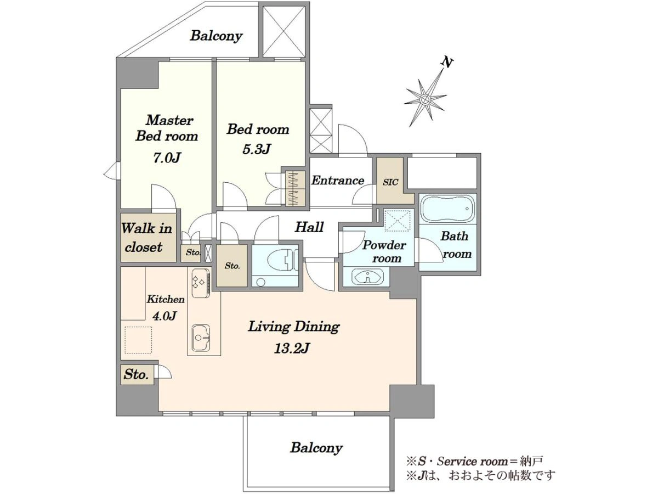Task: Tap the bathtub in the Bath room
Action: (x=447, y=209)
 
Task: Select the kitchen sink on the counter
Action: (x=201, y=338)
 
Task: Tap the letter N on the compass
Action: (x=447, y=63)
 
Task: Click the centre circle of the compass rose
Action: (x=425, y=99)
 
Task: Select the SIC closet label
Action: (x=390, y=182)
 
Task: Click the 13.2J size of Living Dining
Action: (x=291, y=348)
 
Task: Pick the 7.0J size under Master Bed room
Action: (x=167, y=158)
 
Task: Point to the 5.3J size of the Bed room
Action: (x=257, y=149)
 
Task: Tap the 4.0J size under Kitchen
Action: (x=164, y=316)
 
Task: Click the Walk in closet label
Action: (x=146, y=238)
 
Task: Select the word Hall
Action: (x=309, y=227)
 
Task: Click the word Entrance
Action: (x=338, y=180)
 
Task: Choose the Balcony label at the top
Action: (x=216, y=36)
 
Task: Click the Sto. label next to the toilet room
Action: (x=232, y=266)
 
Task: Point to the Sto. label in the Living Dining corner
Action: (x=137, y=375)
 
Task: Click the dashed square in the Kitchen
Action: (x=138, y=340)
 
